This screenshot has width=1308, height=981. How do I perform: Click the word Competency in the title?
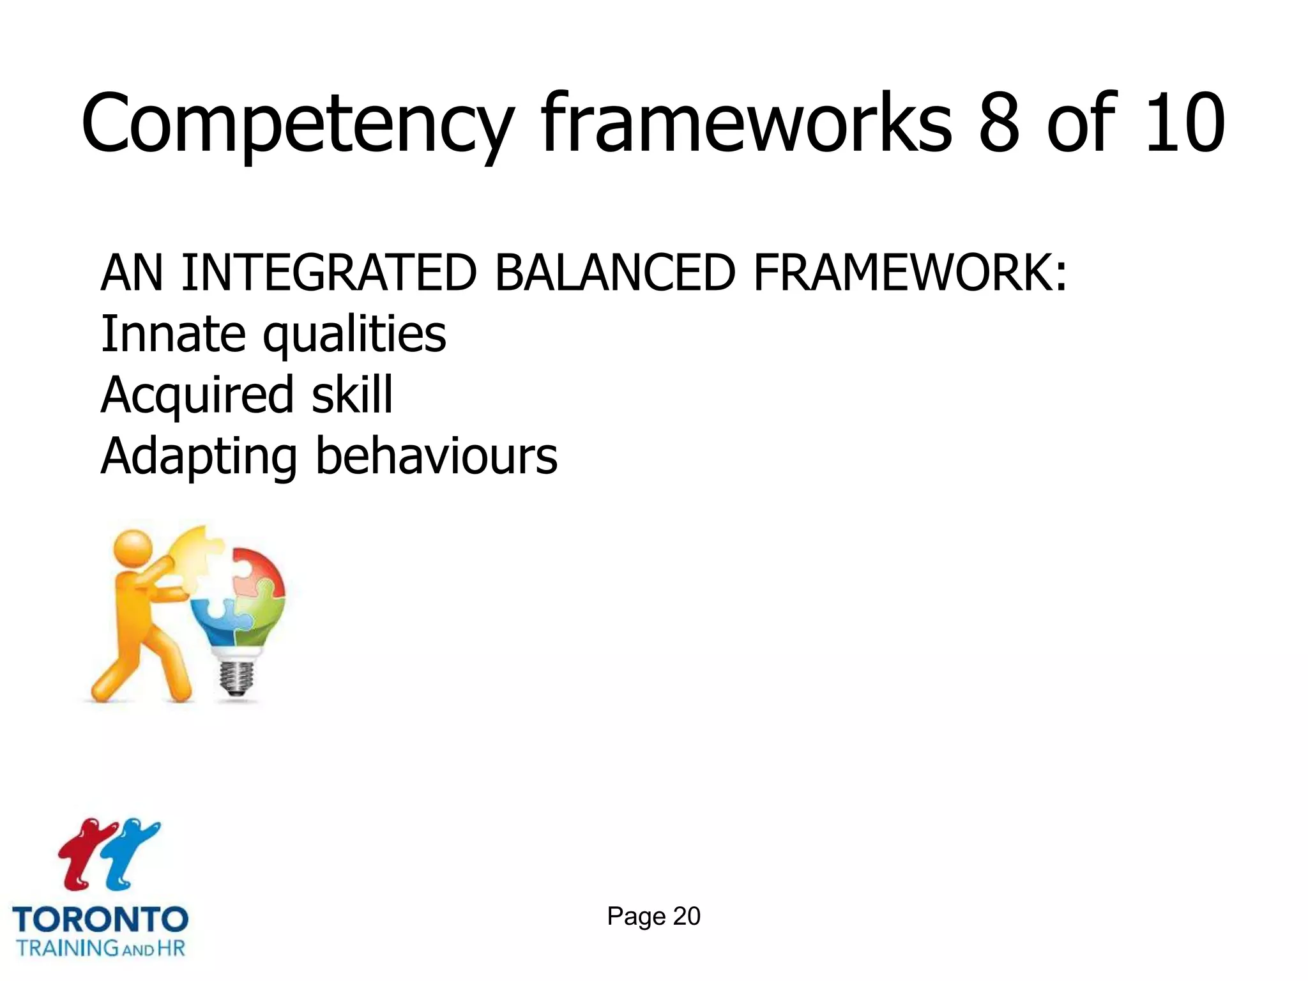(297, 125)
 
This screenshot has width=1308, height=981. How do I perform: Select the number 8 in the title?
(998, 125)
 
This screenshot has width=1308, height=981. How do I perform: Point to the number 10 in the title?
(1185, 125)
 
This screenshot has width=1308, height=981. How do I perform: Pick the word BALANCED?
(614, 273)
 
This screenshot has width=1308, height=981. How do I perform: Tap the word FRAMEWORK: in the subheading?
(909, 273)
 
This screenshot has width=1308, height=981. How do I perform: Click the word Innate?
(173, 334)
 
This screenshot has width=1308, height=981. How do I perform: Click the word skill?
(352, 395)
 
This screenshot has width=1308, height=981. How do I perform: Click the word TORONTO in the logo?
(100, 920)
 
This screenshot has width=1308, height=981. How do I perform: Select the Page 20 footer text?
(653, 916)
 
